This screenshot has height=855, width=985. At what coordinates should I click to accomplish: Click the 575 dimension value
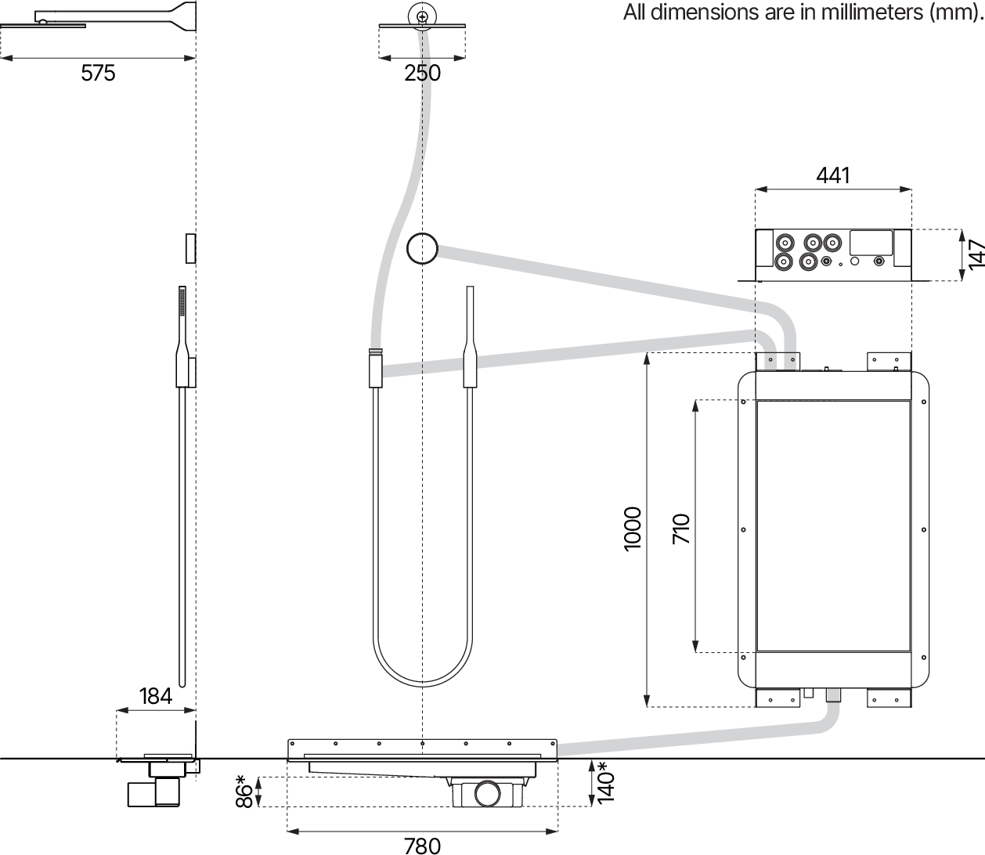[x=98, y=73]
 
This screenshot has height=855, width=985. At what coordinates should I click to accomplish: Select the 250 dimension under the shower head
[x=422, y=73]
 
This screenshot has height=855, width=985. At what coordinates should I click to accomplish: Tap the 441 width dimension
[x=832, y=175]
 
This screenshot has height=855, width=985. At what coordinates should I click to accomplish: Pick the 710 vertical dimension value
[x=680, y=529]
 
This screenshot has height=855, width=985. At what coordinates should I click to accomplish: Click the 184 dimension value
[x=155, y=695]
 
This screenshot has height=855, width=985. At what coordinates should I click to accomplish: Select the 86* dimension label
[x=244, y=791]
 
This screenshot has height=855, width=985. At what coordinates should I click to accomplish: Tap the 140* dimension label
[x=605, y=782]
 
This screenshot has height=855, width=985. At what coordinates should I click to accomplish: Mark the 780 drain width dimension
[x=422, y=845]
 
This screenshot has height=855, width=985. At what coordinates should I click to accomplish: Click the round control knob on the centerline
[x=422, y=250]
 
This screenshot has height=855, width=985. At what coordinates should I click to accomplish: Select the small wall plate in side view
[x=190, y=248]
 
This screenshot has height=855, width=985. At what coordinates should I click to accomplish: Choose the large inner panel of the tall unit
[x=833, y=526]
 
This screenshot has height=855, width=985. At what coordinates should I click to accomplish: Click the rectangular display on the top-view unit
[x=871, y=241]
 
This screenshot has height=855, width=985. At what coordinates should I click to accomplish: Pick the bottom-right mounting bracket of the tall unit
[x=889, y=698]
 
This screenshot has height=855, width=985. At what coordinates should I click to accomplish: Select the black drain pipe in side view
[x=153, y=792]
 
